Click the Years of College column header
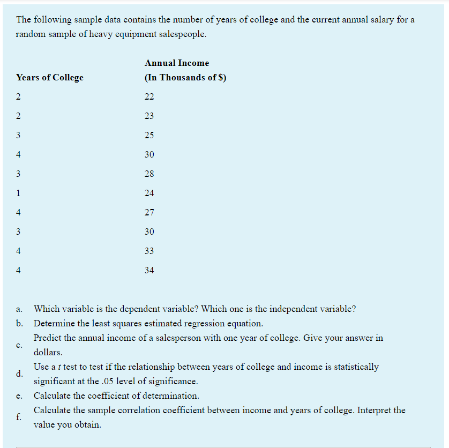click(50, 78)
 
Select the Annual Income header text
click(177, 63)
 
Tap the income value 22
click(149, 97)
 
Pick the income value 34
click(149, 271)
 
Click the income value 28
click(149, 174)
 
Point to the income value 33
click(149, 251)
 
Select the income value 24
click(149, 193)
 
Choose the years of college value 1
click(18, 193)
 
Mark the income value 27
click(149, 213)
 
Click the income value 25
click(149, 136)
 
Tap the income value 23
click(149, 116)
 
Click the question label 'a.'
click(19, 309)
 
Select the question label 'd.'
click(19, 374)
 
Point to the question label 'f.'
click(19, 417)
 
